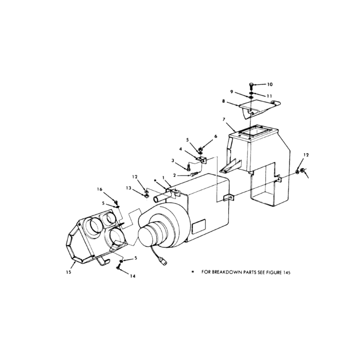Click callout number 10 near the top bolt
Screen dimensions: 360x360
click(270, 84)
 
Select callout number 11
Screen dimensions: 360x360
click(269, 96)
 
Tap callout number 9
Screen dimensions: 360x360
click(231, 92)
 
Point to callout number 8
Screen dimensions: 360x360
click(223, 101)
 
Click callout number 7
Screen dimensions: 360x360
click(224, 119)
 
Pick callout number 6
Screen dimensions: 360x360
click(215, 136)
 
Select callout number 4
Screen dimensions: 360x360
click(181, 149)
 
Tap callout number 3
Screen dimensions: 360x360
click(173, 160)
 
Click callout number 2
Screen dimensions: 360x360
click(174, 175)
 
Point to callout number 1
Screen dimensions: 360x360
click(164, 177)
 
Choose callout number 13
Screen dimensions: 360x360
click(129, 188)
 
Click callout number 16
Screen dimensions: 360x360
click(99, 189)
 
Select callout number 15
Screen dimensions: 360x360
click(68, 272)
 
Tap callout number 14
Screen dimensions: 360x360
click(133, 276)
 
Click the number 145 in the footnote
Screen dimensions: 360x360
click(286, 273)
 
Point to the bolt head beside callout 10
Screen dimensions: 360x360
click(251, 85)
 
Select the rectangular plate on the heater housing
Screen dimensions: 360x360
click(199, 226)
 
